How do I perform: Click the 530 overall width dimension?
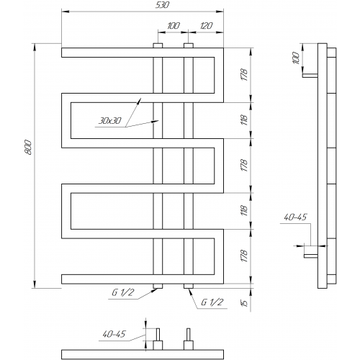click(163, 5)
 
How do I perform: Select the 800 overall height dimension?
click(28, 147)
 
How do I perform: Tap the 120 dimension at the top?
click(206, 26)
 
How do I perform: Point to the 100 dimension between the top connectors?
click(174, 26)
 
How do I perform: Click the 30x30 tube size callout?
click(110, 121)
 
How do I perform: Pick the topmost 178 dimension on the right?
click(244, 75)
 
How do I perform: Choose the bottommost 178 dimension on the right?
click(244, 256)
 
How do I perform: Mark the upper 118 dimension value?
click(244, 120)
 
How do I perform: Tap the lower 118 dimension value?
click(244, 210)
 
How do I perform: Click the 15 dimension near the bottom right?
click(244, 303)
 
